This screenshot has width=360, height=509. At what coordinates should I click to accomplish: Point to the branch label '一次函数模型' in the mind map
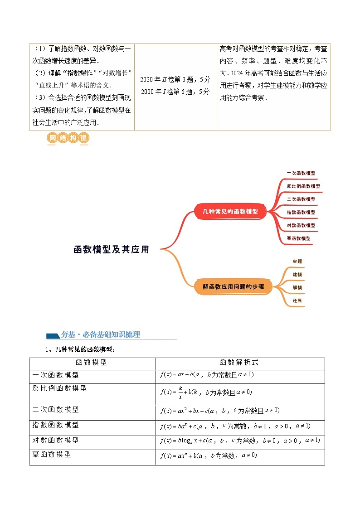pos(301,173)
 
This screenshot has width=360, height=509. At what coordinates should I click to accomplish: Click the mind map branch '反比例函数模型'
pos(303,186)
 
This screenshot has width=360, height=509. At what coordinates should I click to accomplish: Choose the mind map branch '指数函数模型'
pos(301,212)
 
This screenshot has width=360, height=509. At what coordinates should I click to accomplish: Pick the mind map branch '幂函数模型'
pos(299,238)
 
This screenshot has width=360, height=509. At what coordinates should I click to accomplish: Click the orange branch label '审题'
pos(297,262)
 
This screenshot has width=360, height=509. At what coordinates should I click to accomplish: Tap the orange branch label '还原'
pos(297,300)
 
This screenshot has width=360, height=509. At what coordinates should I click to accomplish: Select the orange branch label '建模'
pos(297,274)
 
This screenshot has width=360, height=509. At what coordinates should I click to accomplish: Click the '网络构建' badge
pos(68,138)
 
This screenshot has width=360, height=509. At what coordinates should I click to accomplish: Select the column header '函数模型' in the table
pos(92,363)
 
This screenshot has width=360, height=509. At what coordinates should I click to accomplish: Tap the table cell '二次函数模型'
pos(56,410)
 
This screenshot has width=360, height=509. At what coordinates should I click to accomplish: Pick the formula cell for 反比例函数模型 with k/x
pos(206,393)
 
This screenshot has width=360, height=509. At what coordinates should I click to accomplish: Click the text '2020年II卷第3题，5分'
pos(175,79)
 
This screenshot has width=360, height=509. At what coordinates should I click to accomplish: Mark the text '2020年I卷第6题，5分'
pos(175,92)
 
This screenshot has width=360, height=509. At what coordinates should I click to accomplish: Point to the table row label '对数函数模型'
pos(56,440)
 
